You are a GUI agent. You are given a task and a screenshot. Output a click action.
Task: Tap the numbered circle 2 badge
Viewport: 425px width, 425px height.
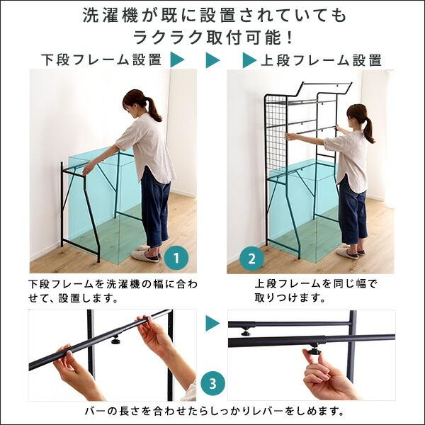click(x=251, y=259)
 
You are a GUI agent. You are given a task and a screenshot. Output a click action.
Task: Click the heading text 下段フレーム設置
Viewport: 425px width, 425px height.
click(x=102, y=60)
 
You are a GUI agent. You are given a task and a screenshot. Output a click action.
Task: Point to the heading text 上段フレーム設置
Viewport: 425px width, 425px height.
click(x=322, y=60)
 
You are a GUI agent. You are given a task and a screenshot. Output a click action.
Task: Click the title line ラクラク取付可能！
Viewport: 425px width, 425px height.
click(x=212, y=36)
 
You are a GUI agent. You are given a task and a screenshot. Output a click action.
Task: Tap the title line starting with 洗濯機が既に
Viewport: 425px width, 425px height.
click(x=212, y=14)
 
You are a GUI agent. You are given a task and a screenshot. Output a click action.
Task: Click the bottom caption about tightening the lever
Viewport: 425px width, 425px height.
click(x=212, y=411)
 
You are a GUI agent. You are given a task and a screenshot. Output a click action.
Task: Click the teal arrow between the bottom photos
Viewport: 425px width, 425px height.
click(x=212, y=324)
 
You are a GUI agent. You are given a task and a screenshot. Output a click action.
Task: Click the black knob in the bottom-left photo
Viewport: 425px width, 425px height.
click(x=115, y=340)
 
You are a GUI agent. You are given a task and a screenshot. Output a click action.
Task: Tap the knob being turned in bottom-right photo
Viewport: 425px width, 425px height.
click(x=313, y=349)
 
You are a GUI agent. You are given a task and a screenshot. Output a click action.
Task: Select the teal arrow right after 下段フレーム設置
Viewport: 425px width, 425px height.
click(x=178, y=60)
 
